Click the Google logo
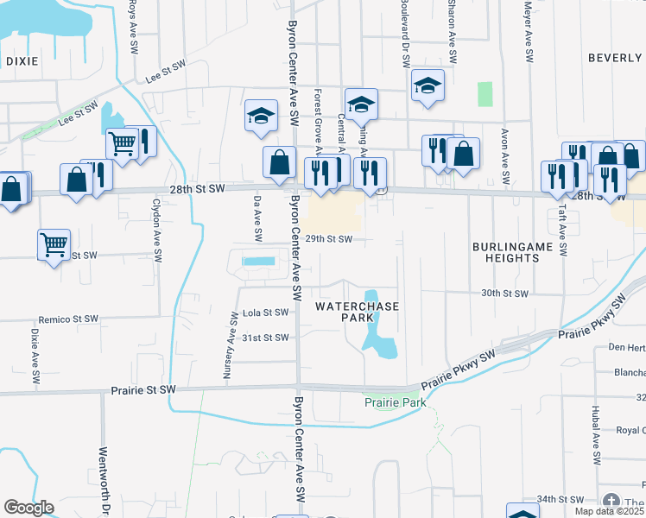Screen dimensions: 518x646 pyautogui.click(x=28, y=508)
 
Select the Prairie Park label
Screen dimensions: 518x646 pyautogui.click(x=395, y=403)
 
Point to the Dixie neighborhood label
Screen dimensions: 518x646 pyautogui.click(x=22, y=61)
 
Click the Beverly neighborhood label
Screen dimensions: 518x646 pyautogui.click(x=616, y=58)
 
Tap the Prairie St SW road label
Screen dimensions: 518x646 pyautogui.click(x=143, y=390)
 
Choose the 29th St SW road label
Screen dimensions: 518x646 pyautogui.click(x=329, y=239)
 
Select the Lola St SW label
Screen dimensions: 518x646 pyautogui.click(x=265, y=313)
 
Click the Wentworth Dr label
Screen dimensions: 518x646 pyautogui.click(x=103, y=480)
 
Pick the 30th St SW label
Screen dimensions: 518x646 pyautogui.click(x=503, y=294)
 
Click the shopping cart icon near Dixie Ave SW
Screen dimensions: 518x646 pyautogui.click(x=54, y=244)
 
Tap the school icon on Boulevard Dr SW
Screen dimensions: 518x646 pyautogui.click(x=427, y=85)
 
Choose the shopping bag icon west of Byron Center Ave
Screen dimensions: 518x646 pyautogui.click(x=279, y=161)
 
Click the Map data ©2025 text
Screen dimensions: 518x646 pyautogui.click(x=610, y=511)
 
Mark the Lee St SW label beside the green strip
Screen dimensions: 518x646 pyautogui.click(x=79, y=111)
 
